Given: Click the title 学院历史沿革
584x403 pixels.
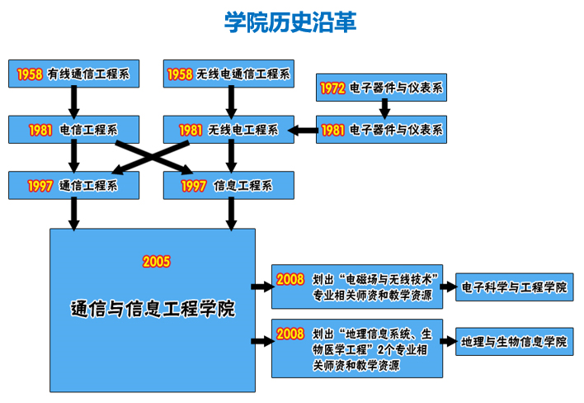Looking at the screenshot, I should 291,21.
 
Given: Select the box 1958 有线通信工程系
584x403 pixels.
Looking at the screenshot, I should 73,73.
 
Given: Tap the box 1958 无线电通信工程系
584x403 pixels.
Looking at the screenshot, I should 228,73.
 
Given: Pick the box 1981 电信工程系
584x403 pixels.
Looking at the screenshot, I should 73,129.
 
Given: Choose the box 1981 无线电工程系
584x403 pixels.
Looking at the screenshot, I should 228,129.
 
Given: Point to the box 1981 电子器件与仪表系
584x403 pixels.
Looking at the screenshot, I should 383,129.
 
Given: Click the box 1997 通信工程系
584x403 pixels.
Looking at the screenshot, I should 73,185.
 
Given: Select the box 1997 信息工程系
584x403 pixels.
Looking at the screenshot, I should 228,185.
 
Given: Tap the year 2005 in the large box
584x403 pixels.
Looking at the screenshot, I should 156,262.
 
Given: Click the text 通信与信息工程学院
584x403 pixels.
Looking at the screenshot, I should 153,310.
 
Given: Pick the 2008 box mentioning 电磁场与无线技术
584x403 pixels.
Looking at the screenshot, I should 357,287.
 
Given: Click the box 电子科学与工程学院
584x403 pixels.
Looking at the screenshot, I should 514,287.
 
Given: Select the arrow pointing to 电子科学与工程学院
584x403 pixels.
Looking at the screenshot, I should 450,287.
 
